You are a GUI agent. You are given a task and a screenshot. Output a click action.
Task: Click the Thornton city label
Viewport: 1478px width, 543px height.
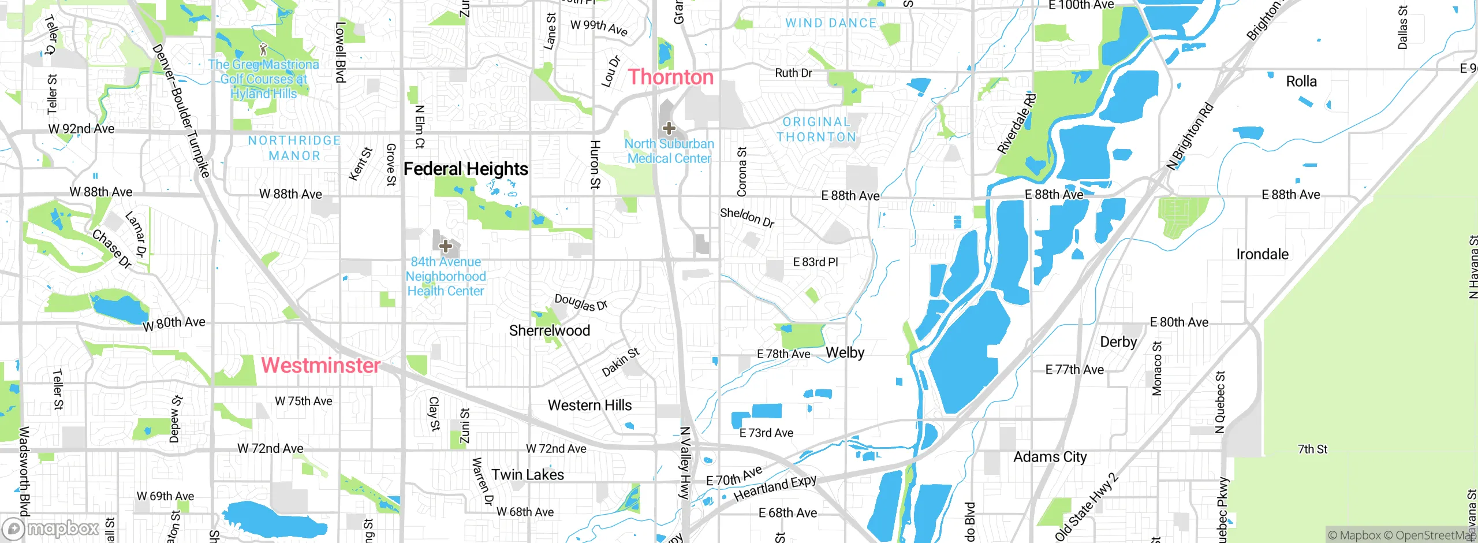(x=671, y=77)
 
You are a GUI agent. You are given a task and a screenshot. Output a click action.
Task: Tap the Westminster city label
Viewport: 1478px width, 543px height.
(x=320, y=365)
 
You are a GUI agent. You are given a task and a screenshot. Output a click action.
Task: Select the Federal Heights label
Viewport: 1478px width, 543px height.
(x=465, y=169)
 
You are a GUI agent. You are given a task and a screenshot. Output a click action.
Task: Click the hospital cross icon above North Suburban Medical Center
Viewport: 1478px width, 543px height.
(x=669, y=128)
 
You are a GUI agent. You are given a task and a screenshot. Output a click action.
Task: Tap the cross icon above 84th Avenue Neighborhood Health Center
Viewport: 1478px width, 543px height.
(x=445, y=247)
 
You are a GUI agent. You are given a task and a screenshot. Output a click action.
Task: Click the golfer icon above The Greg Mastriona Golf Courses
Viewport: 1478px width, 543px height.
(x=264, y=49)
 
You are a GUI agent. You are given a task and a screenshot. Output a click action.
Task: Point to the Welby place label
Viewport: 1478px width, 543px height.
(x=845, y=352)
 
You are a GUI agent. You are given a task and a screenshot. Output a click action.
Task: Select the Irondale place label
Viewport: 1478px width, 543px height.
(x=1262, y=254)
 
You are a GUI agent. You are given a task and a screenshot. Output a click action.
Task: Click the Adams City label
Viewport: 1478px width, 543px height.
(x=1050, y=457)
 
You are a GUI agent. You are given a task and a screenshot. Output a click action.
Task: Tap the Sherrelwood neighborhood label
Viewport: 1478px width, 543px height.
(x=549, y=330)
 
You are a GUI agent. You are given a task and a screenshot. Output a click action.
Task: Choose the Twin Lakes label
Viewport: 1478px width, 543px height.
(x=528, y=475)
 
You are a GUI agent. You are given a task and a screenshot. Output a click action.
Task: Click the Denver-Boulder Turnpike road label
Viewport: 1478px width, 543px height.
(x=180, y=110)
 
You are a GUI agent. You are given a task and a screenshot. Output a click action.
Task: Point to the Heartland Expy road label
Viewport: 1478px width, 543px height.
(x=775, y=488)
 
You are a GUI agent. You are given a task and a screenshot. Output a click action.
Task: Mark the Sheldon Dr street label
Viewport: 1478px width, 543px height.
(x=747, y=217)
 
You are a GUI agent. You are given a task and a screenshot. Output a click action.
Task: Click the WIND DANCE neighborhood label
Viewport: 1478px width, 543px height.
(x=830, y=23)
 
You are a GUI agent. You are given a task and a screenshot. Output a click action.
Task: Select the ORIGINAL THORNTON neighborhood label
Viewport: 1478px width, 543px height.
(x=816, y=129)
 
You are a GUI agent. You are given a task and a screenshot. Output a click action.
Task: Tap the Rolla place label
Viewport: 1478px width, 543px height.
(x=1301, y=81)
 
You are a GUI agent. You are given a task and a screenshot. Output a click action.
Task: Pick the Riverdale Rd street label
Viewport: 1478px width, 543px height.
(x=1017, y=124)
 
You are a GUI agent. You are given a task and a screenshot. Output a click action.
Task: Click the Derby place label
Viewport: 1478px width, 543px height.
(x=1118, y=342)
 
